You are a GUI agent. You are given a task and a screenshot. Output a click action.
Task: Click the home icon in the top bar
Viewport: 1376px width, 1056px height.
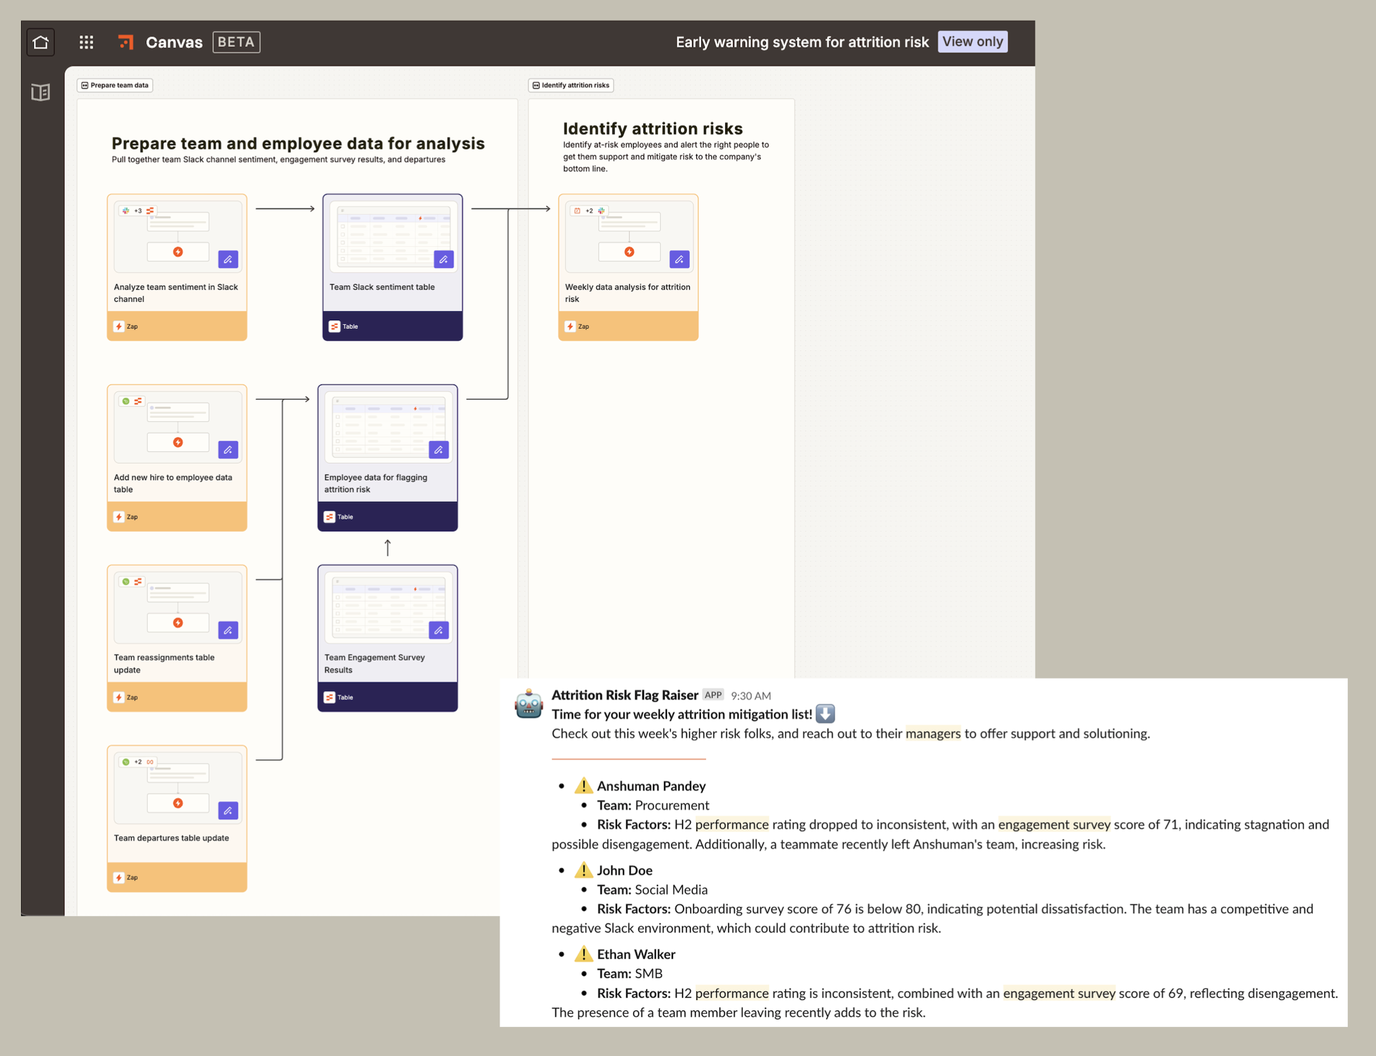[41, 42]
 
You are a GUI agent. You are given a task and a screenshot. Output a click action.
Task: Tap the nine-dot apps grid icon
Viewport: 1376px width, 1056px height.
[86, 42]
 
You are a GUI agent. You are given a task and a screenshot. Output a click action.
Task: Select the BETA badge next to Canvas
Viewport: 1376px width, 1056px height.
[236, 42]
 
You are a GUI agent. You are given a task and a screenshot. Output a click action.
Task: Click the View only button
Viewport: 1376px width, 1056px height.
[972, 42]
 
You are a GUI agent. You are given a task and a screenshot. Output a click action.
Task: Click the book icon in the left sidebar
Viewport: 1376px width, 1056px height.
[41, 92]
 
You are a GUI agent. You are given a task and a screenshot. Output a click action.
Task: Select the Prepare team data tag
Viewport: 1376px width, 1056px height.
[115, 86]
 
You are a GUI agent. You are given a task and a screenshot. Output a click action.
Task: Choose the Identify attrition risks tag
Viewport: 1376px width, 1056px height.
[571, 86]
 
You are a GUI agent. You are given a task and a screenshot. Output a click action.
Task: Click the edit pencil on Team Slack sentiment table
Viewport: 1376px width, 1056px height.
[443, 260]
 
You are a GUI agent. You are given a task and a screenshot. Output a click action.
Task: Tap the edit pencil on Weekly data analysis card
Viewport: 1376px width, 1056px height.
[679, 260]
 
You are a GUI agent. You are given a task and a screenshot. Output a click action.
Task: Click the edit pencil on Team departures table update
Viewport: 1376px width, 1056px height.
[228, 811]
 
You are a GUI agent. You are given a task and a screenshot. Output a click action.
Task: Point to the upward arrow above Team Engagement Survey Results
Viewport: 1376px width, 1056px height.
[388, 547]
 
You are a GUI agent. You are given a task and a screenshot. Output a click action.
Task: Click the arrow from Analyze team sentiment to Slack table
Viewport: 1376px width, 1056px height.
[285, 208]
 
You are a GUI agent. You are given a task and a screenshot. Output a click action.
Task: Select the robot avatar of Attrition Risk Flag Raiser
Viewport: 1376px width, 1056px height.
[529, 704]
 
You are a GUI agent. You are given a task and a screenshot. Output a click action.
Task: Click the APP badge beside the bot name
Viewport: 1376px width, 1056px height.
[713, 695]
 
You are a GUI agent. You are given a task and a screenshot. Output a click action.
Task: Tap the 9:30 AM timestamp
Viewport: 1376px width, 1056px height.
[751, 696]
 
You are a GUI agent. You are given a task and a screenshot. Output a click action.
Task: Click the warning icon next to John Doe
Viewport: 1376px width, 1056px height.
[583, 870]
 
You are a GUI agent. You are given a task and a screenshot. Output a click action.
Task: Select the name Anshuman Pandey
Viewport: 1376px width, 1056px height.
[651, 786]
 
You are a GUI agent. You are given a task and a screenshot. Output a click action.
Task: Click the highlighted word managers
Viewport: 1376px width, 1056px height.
[933, 734]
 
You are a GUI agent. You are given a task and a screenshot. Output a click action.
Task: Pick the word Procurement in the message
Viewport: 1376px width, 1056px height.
[672, 805]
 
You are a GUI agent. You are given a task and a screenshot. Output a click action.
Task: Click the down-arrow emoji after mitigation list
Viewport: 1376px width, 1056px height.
[825, 714]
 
